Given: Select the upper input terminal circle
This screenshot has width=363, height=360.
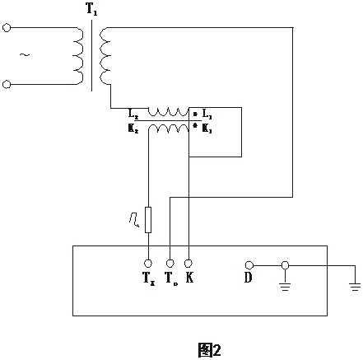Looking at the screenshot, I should click(7, 28).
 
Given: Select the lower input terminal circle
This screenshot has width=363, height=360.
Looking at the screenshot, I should click(7, 83).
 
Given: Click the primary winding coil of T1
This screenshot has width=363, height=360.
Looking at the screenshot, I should click(78, 55).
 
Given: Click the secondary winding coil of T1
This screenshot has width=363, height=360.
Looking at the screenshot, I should click(105, 55).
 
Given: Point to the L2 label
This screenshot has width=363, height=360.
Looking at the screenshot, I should click(133, 111).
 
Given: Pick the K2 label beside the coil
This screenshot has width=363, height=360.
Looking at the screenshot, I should click(133, 130).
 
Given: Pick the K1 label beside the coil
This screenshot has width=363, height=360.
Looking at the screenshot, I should click(207, 130).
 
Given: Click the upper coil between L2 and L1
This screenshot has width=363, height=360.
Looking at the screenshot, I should click(169, 112).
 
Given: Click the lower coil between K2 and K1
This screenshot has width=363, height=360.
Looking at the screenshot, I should click(169, 130).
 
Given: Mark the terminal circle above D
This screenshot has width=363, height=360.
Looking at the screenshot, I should click(249, 265).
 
